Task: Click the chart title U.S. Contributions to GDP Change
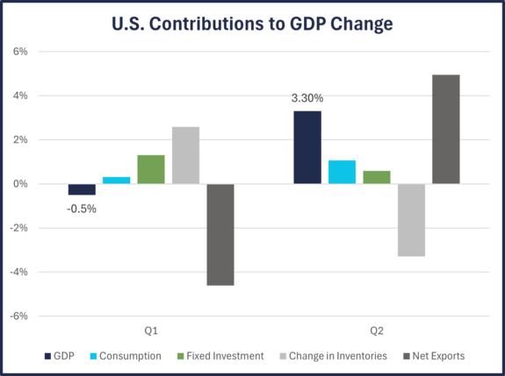tap(251, 24)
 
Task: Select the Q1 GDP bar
tap(82, 190)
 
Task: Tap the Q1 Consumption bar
tap(116, 179)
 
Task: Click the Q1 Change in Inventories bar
tap(185, 154)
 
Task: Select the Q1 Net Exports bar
tap(220, 235)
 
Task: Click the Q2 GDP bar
tap(307, 146)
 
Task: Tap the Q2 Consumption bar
tap(342, 171)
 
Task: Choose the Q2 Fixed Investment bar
tap(377, 176)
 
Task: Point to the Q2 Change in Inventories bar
tap(411, 221)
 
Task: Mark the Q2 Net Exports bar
tap(445, 128)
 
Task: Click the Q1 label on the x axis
tap(151, 331)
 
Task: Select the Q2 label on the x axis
tap(377, 331)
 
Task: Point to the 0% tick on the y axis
tap(19, 184)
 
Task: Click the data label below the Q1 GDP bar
tap(82, 209)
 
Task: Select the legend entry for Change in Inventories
tap(333, 356)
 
